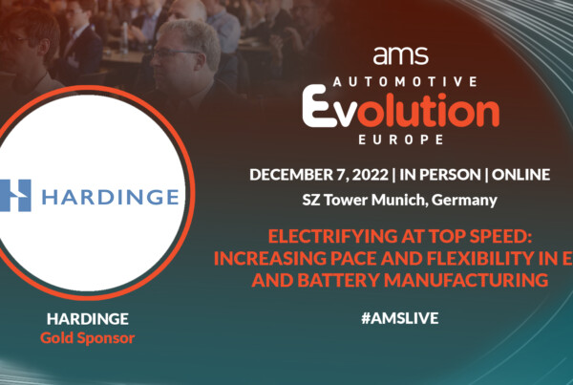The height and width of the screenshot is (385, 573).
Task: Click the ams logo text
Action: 400,55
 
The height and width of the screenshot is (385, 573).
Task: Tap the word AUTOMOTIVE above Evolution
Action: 405,81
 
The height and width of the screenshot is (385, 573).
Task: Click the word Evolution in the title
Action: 401,107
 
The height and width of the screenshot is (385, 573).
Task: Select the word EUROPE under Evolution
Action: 401,139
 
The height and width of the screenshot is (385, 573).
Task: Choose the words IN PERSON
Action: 440,175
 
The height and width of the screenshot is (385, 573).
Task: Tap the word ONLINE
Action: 520,175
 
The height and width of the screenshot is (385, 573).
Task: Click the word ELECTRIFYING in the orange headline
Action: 332,236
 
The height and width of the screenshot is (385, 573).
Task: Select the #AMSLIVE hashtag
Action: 400,318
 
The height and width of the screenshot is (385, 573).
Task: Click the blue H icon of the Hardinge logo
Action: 15,195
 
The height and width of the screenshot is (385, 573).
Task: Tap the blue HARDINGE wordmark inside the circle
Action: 111,197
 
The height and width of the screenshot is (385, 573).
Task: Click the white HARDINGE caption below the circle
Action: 88,319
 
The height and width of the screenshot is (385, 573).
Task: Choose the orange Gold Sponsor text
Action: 88,338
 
